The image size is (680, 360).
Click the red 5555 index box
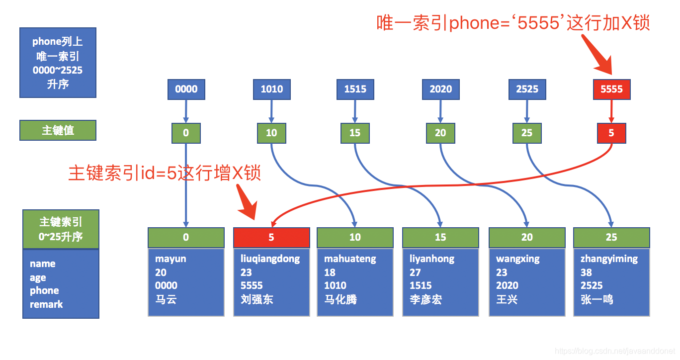coord(611,90)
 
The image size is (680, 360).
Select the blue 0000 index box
coord(186,90)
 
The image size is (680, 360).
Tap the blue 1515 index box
coord(355,90)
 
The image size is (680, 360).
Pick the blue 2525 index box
coord(527,90)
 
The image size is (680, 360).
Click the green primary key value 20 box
coord(440,133)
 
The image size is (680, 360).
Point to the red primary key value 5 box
coord(611,133)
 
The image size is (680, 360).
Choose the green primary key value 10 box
coord(271,133)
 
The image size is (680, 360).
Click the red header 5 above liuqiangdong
coord(271,238)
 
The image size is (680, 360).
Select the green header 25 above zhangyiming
coord(611,238)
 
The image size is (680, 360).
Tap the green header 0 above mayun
coord(186,238)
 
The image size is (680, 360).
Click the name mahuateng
coord(350,259)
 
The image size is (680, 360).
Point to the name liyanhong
coord(432,259)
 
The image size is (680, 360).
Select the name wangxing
coord(517,259)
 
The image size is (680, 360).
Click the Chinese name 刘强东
coord(257,300)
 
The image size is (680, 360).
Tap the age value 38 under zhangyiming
coord(586,272)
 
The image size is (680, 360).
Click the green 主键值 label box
coord(58,130)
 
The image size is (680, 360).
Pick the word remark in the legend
coord(46,304)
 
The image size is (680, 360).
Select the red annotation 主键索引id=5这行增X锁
coord(165,174)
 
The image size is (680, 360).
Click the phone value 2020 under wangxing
coord(507,286)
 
